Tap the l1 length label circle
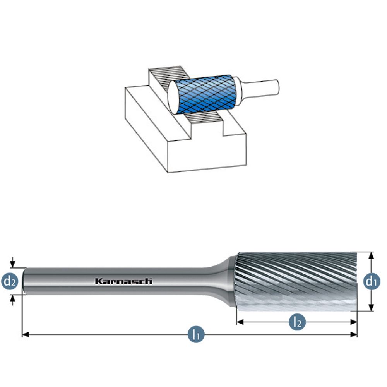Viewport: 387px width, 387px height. [x=196, y=334]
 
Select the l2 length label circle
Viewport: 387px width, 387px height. [x=297, y=322]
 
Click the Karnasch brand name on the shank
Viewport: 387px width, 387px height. [x=123, y=281]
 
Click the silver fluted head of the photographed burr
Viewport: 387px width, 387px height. [x=296, y=281]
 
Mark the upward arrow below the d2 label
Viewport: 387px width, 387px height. [x=13, y=298]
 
